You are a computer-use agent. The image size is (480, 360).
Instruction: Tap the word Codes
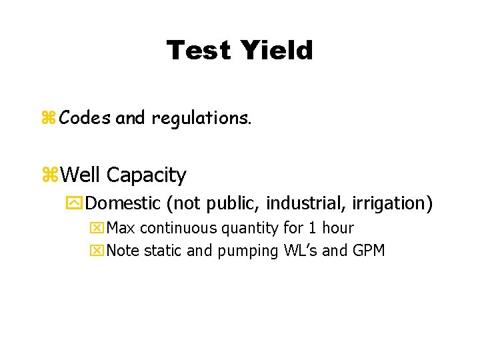pos(85,119)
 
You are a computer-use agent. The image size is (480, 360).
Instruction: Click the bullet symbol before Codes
pos(49,119)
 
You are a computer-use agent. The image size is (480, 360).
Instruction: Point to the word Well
pos(81,175)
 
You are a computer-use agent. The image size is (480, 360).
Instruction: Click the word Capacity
pos(147,175)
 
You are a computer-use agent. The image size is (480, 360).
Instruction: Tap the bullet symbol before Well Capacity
pos(50,175)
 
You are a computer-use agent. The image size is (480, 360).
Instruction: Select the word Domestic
pos(125,202)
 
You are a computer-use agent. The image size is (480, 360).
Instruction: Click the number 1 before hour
pos(311,229)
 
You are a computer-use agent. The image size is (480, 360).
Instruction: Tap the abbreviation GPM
pos(369,251)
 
